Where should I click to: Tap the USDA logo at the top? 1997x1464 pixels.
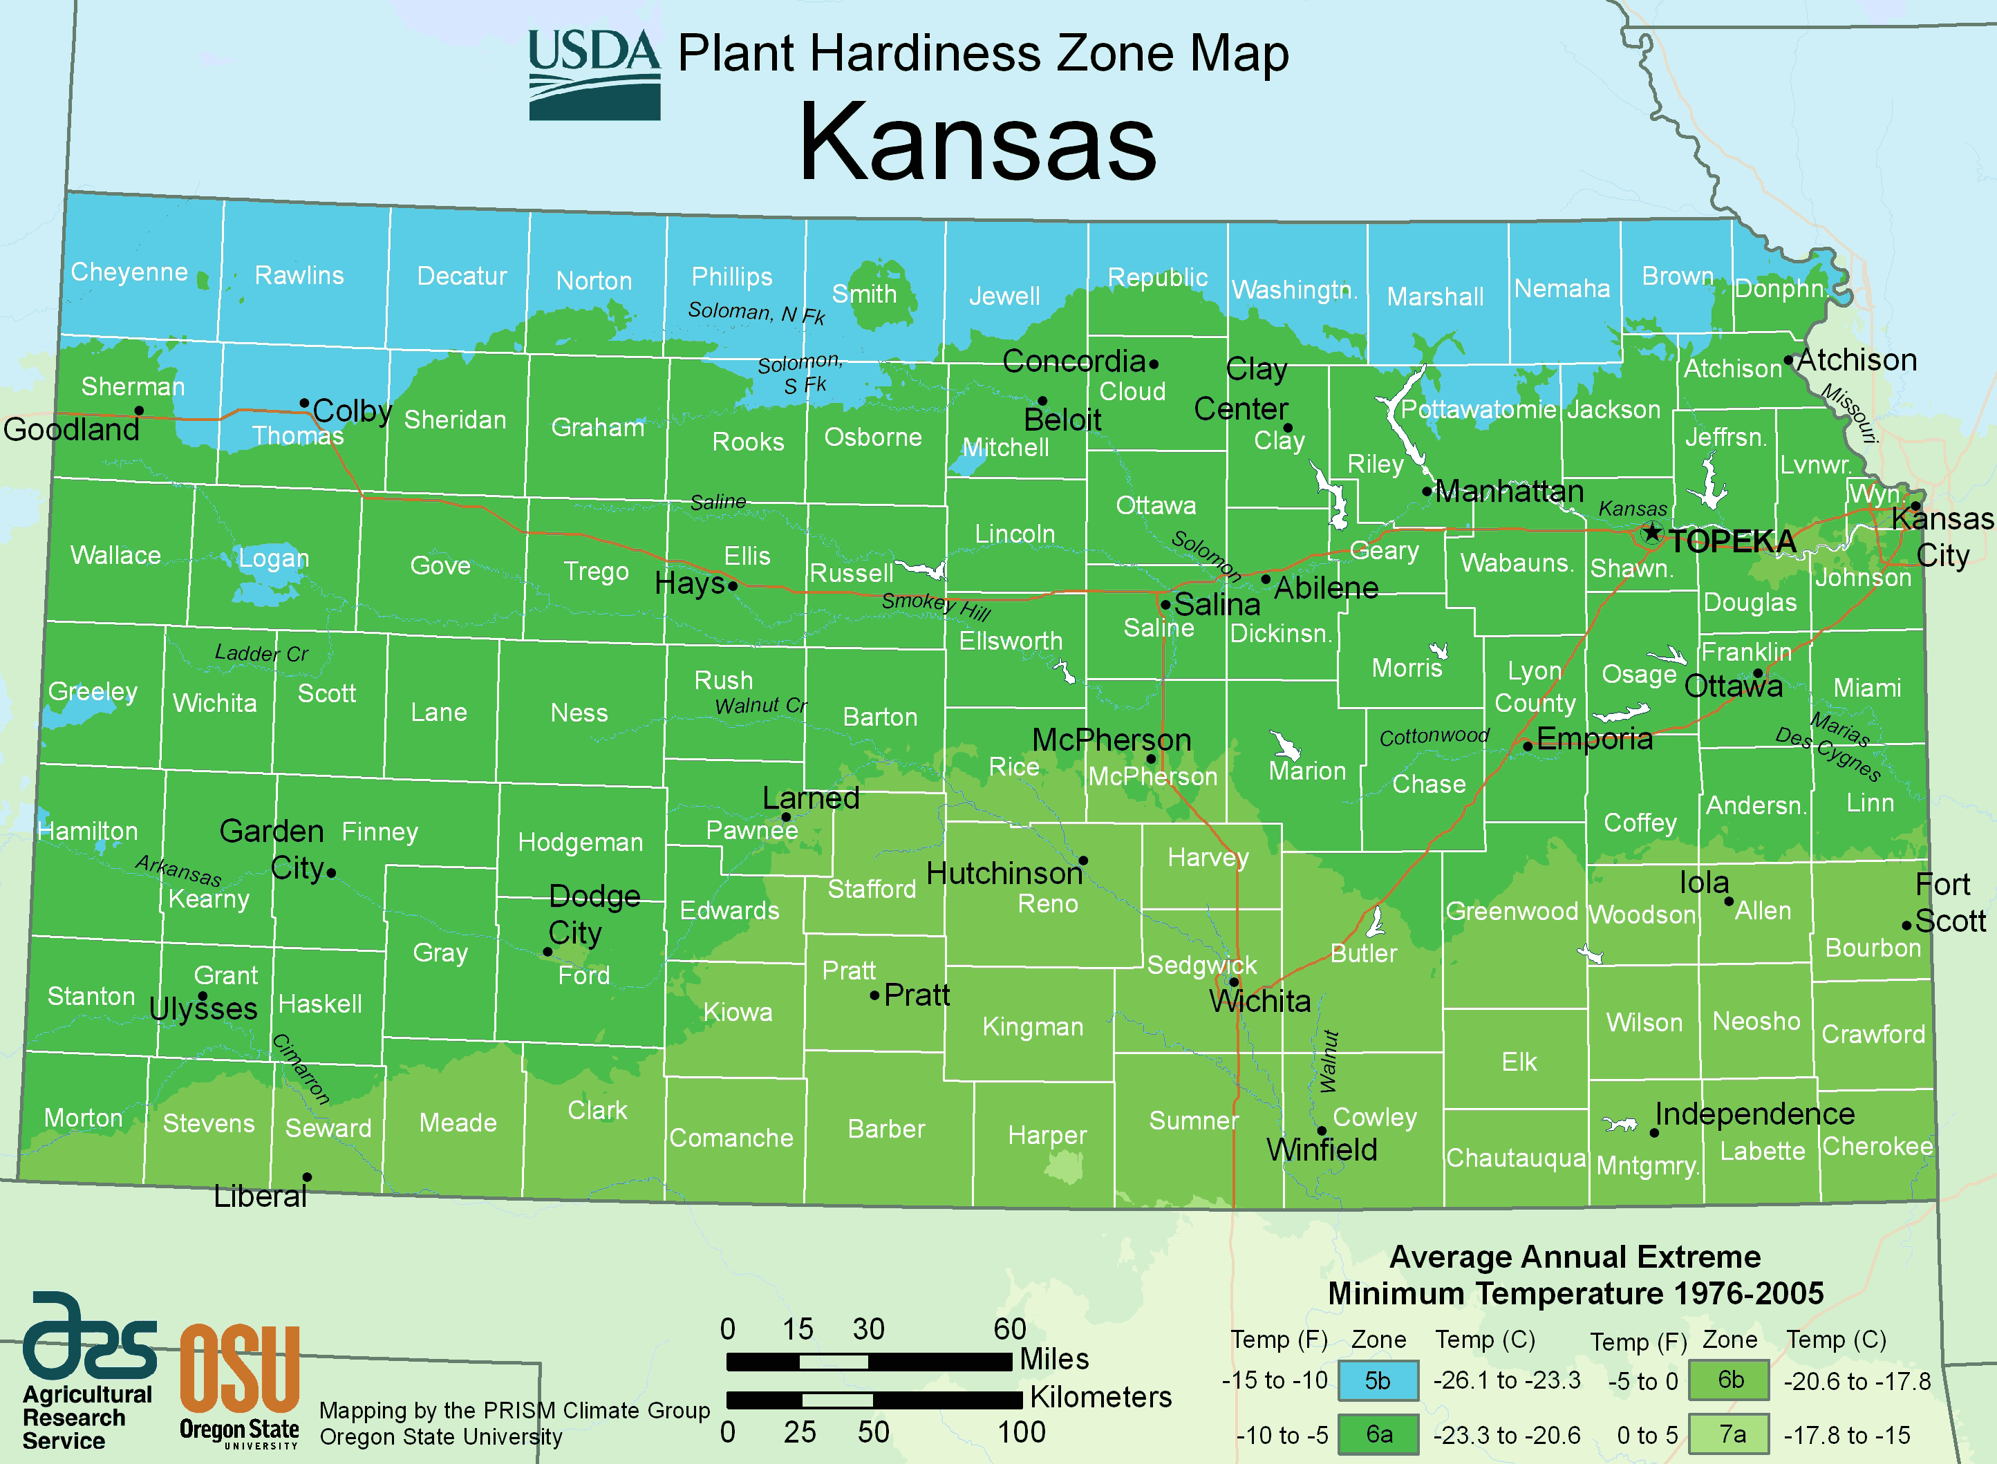click(594, 75)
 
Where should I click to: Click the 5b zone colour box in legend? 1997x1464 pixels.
click(1378, 1380)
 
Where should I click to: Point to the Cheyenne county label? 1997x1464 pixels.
click(129, 272)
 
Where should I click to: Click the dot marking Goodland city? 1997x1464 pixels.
click(139, 411)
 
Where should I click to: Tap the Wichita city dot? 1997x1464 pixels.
click(1234, 982)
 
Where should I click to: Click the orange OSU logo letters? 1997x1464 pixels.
click(239, 1369)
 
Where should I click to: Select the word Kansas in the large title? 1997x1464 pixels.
click(977, 142)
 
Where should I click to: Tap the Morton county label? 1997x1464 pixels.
click(83, 1118)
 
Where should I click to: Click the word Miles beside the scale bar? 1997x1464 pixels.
click(1053, 1358)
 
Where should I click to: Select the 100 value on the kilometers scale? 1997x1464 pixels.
click(1021, 1432)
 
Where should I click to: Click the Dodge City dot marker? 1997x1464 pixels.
click(547, 952)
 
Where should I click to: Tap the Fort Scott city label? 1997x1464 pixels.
click(1949, 902)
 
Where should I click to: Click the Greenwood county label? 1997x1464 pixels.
click(1512, 911)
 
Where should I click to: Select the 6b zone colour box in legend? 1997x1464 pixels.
click(1730, 1380)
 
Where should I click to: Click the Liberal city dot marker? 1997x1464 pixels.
click(306, 1177)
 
